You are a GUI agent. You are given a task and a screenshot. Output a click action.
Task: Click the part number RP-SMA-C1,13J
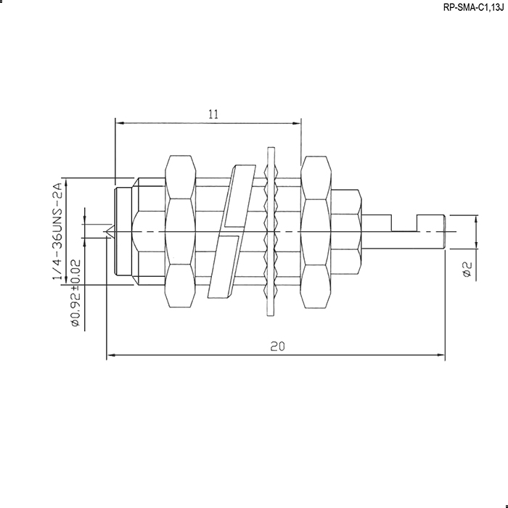pyautogui.click(x=473, y=8)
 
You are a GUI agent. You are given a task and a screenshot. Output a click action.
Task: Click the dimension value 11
pyautogui.click(x=213, y=114)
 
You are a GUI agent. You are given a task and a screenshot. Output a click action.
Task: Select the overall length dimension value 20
pyautogui.click(x=277, y=346)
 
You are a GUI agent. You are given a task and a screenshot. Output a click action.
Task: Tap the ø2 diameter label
pyautogui.click(x=467, y=270)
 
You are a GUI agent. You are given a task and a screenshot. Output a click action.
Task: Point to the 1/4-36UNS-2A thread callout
pyautogui.click(x=57, y=231)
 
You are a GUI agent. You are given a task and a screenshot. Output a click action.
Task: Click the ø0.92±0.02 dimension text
pyautogui.click(x=75, y=293)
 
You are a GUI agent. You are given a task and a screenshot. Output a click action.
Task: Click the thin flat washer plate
pyautogui.click(x=270, y=231)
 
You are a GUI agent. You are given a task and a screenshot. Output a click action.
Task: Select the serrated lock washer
pyautogui.click(x=271, y=231)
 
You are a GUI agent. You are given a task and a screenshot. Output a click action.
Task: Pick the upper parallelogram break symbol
pyautogui.click(x=240, y=196)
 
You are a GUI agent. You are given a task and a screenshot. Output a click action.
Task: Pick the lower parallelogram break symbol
pyautogui.click(x=224, y=266)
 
